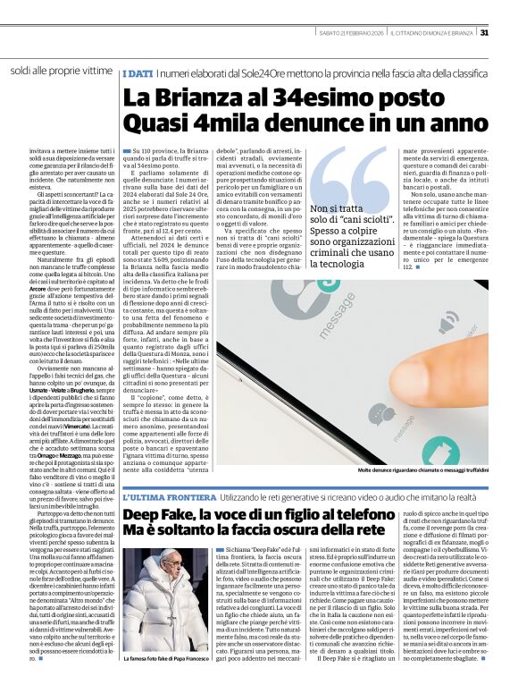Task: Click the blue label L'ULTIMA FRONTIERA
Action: tap(169, 495)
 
